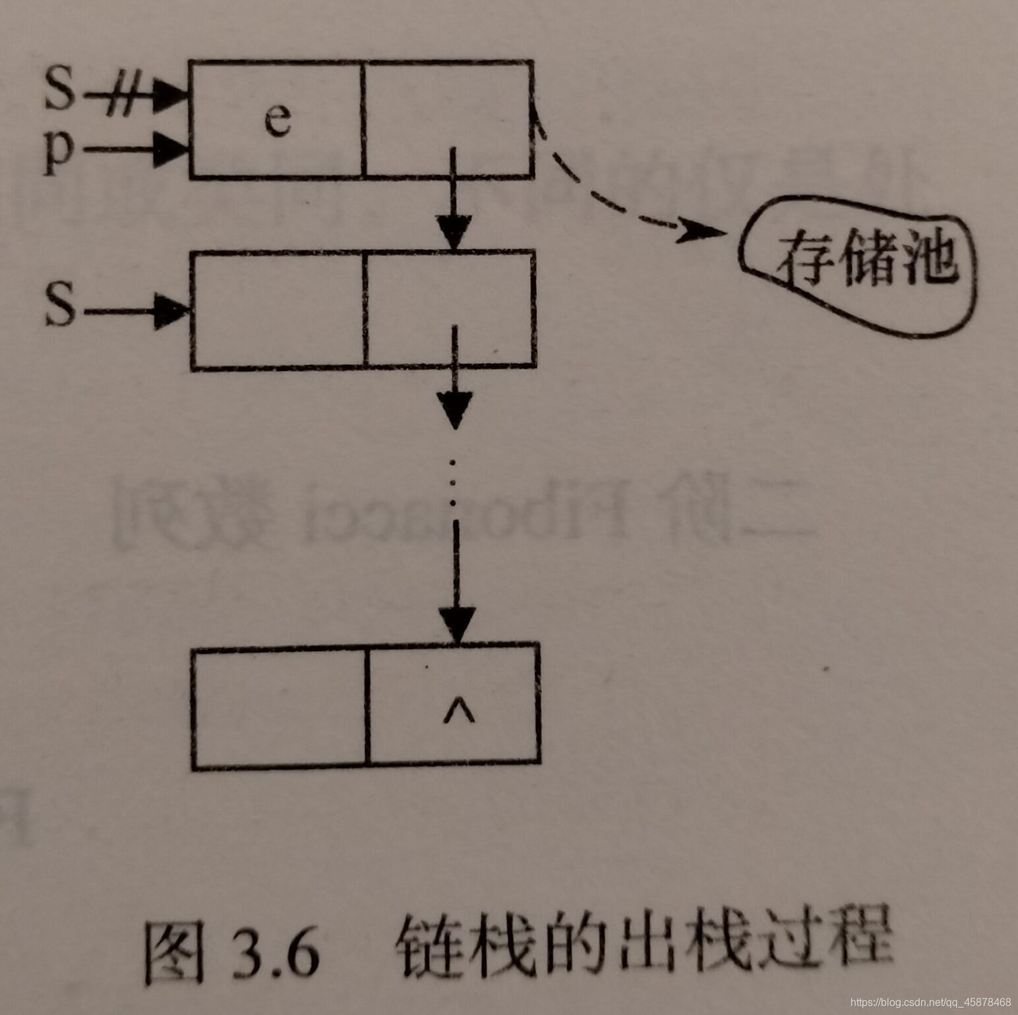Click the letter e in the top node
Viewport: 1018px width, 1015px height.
click(278, 120)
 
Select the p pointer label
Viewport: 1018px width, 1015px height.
click(59, 153)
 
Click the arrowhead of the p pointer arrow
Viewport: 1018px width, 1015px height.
click(171, 149)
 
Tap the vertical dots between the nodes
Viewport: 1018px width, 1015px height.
click(453, 482)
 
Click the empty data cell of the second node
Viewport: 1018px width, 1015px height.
click(277, 310)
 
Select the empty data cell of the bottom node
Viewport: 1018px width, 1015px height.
click(278, 707)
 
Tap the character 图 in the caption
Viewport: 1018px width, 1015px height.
click(173, 954)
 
